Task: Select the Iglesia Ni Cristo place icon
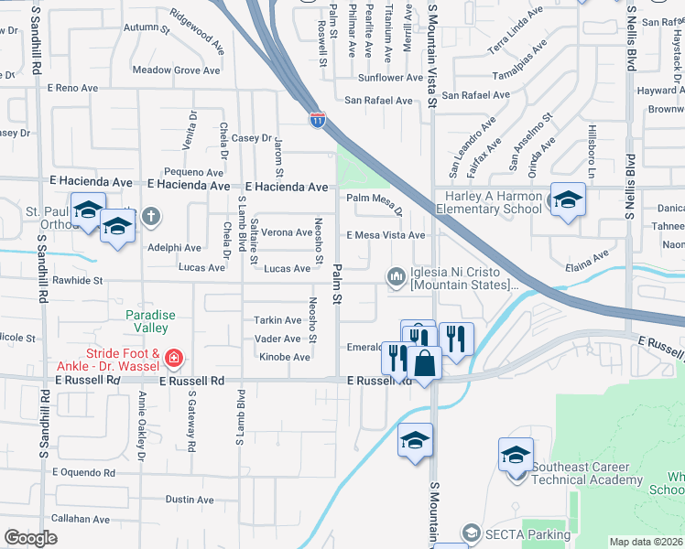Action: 397,274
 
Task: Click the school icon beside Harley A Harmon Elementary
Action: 567,199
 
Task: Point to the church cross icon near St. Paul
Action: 151,218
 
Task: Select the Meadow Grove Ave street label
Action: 177,70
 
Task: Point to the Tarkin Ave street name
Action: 278,320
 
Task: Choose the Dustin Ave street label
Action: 190,500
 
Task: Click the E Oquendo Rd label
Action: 83,473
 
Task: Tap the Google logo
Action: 31,538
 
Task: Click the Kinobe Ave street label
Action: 285,357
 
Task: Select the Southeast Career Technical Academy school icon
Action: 516,454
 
